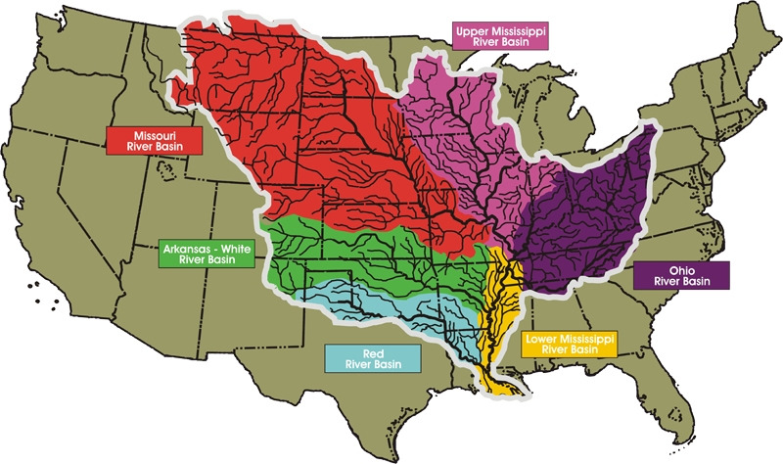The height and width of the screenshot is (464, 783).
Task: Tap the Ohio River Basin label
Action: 682,275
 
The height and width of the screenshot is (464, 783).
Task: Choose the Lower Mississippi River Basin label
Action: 569,344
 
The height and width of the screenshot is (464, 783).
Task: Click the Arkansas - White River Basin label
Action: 207,255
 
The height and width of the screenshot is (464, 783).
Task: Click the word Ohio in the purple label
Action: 682,268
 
